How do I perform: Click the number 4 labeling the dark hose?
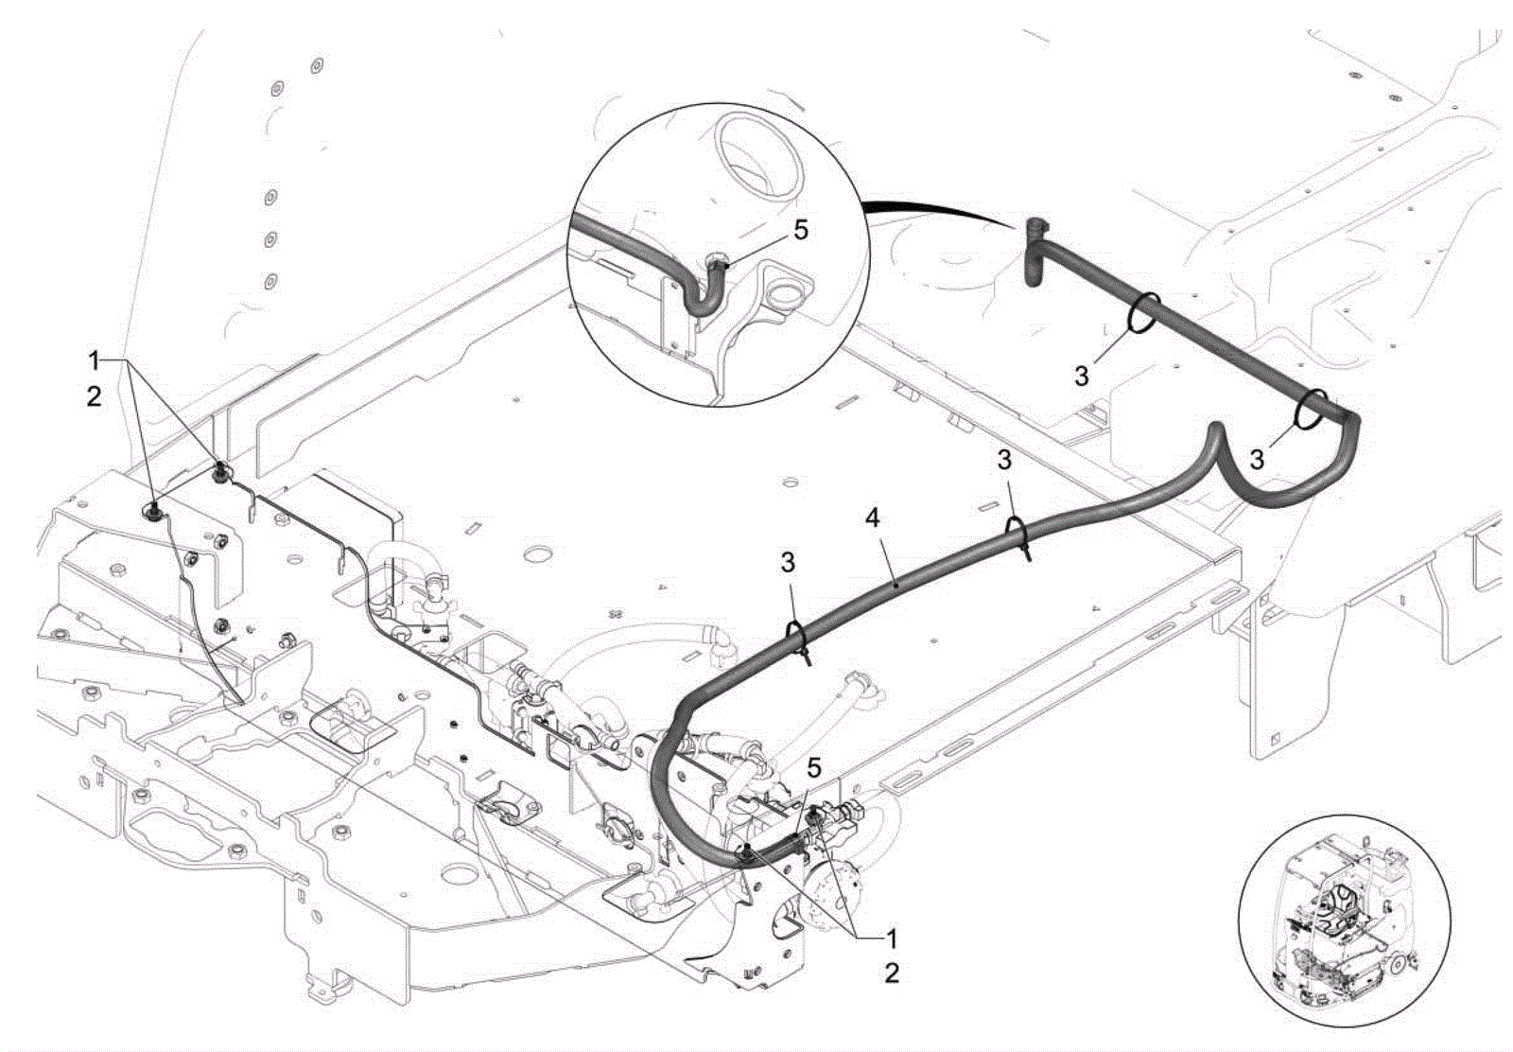tap(873, 519)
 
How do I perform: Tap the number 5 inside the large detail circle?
tap(800, 231)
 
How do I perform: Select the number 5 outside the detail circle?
tap(814, 768)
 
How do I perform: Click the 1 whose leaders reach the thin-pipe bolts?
tap(95, 361)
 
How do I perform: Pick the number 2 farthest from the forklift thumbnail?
tap(94, 396)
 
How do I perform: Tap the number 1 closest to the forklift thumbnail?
tap(892, 938)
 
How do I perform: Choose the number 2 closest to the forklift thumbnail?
tap(892, 973)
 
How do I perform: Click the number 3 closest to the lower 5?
tap(788, 562)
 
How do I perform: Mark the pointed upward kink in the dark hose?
tap(1216, 429)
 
